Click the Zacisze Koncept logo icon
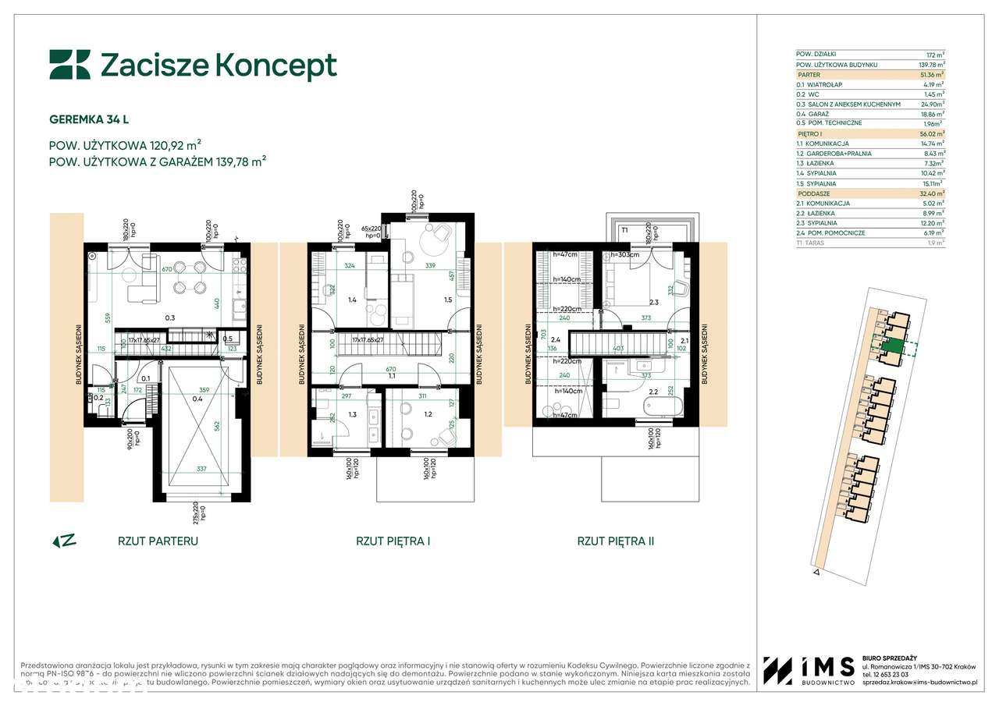click(x=69, y=65)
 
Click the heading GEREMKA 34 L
click(x=89, y=119)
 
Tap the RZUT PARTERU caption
click(x=158, y=540)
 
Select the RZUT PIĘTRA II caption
click(x=615, y=540)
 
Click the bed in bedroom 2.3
click(x=638, y=282)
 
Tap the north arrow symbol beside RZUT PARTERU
click(x=63, y=540)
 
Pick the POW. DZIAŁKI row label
click(x=816, y=54)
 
